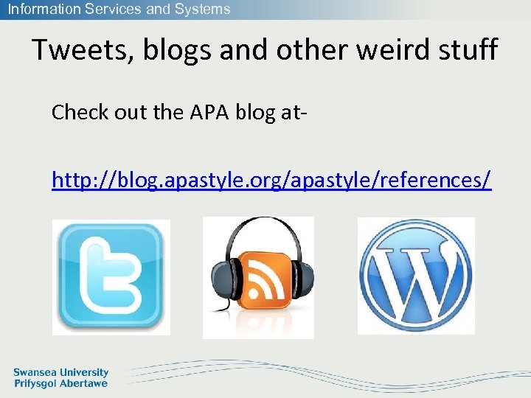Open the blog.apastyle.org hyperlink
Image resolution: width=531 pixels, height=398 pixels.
[x=271, y=179]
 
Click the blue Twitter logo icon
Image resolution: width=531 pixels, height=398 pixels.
[x=111, y=276]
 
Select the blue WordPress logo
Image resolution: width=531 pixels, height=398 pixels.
[x=416, y=276]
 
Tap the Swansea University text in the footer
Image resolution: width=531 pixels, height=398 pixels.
[x=60, y=373]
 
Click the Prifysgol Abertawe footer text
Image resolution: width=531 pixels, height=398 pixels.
[x=60, y=383]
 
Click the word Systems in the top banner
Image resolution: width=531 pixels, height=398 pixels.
[x=203, y=10]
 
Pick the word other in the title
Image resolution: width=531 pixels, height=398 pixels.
[x=299, y=50]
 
